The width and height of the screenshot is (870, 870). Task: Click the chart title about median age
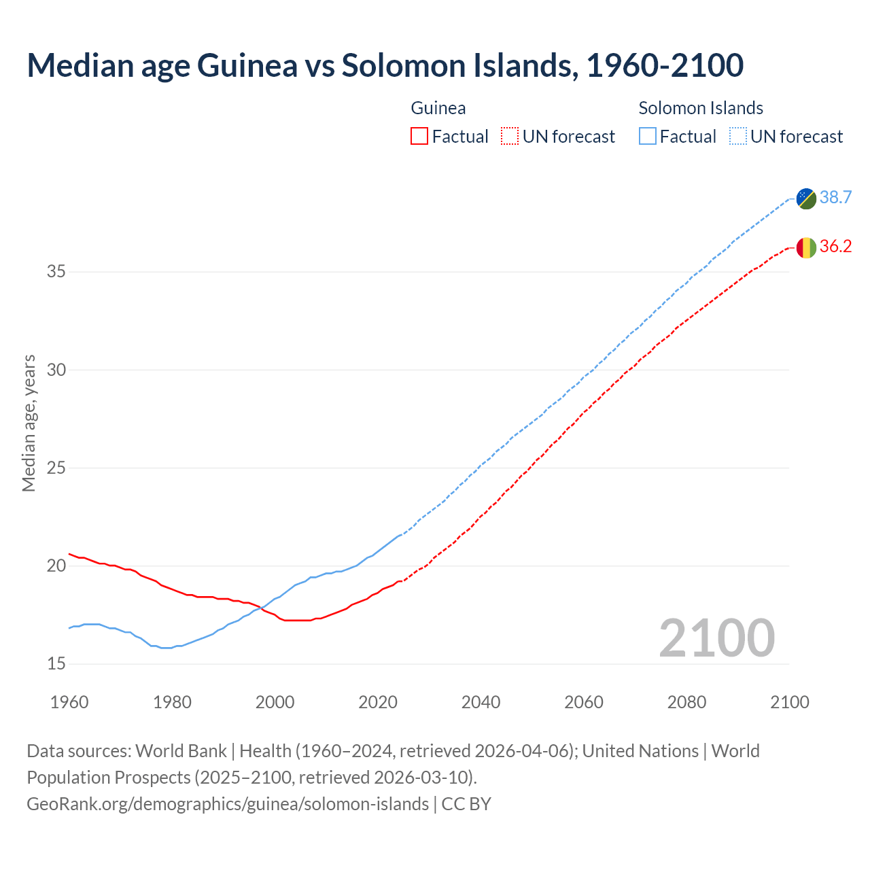click(385, 65)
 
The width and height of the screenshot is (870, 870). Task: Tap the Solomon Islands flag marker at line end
click(806, 198)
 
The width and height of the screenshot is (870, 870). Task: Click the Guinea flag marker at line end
click(806, 247)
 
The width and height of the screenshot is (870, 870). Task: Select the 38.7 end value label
click(835, 198)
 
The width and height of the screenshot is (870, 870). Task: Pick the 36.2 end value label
click(835, 247)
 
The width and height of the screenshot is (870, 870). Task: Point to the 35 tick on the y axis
click(56, 272)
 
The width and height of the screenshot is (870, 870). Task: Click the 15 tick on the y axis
click(56, 664)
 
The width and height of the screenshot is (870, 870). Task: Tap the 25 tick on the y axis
click(56, 468)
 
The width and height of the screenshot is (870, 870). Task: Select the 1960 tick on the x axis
click(69, 702)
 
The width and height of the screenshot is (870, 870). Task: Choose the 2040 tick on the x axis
click(481, 702)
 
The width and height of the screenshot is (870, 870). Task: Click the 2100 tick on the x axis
click(789, 702)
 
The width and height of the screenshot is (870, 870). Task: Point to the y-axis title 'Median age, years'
click(29, 423)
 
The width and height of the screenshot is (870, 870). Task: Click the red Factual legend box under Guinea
click(419, 137)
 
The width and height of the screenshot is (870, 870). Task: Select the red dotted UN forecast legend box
click(510, 137)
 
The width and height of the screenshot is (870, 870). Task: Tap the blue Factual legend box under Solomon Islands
click(648, 137)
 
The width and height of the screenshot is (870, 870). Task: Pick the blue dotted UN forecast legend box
click(738, 137)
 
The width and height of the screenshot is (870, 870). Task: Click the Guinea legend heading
click(438, 108)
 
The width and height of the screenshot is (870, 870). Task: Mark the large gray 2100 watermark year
click(716, 638)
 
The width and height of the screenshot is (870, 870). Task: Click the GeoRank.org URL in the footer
click(228, 804)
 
